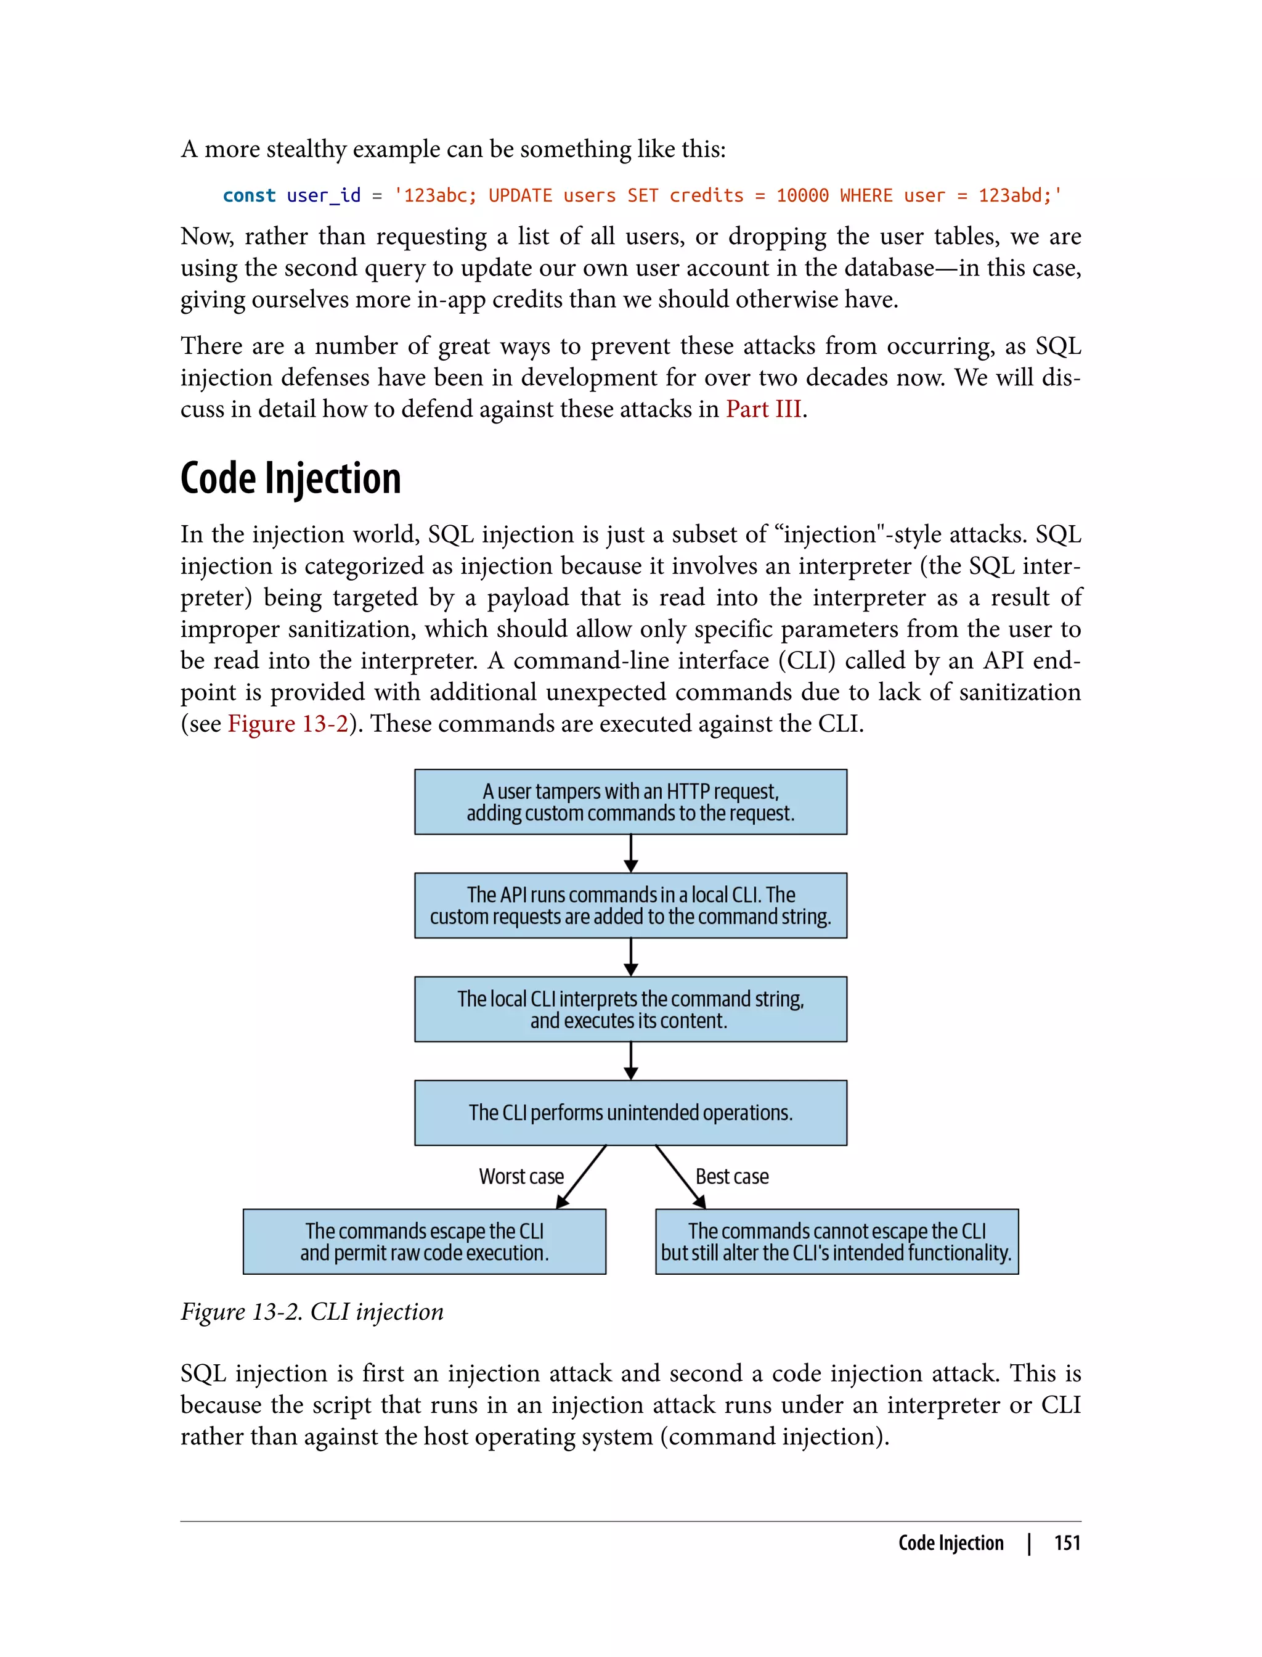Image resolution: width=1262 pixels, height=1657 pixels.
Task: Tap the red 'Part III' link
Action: tap(763, 409)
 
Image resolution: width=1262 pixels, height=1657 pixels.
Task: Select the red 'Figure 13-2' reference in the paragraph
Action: tap(288, 724)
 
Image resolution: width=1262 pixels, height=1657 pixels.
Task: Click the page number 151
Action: tap(1067, 1543)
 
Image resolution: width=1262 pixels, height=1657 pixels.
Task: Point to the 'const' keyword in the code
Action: tap(249, 195)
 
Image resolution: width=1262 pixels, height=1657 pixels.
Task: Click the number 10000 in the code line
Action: tap(802, 195)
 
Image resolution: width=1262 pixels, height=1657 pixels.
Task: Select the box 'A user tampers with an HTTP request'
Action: tap(630, 802)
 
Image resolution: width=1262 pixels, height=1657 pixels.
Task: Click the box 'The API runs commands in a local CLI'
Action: tap(630, 906)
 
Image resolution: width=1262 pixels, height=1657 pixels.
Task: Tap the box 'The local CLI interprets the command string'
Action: tap(630, 1009)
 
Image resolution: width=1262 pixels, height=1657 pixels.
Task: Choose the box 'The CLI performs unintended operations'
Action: tap(630, 1113)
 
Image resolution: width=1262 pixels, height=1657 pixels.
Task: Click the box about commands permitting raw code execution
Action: tap(425, 1242)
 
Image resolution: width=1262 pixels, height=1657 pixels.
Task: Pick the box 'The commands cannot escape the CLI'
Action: tap(837, 1242)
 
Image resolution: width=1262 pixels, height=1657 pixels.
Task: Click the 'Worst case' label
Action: tap(521, 1176)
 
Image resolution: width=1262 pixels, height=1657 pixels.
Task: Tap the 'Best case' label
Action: tap(731, 1176)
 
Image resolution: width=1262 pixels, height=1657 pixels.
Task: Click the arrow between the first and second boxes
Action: tap(631, 854)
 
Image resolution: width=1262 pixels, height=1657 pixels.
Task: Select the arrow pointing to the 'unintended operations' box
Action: tap(631, 1061)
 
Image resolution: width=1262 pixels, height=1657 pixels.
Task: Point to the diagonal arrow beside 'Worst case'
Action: tap(582, 1176)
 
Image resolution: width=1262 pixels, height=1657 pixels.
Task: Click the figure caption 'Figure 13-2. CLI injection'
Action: tap(312, 1312)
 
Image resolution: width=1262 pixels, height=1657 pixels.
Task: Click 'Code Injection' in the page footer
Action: tap(950, 1543)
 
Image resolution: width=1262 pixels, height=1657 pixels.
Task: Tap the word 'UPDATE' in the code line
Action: tap(520, 195)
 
